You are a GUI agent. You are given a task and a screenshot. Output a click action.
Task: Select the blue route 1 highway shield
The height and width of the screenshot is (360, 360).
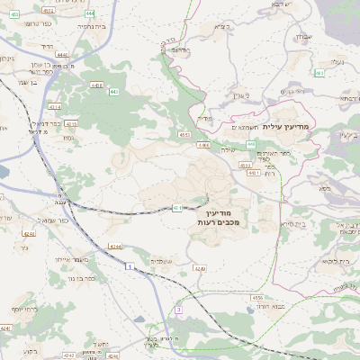tap(130, 267)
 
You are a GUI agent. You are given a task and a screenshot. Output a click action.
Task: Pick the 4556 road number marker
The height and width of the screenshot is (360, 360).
tap(258, 297)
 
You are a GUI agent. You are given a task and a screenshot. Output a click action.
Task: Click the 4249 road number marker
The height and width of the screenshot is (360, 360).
tap(200, 268)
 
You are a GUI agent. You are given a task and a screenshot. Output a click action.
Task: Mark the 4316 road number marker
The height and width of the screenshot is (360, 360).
tap(72, 123)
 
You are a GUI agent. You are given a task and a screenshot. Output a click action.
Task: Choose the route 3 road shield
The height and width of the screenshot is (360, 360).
tap(178, 310)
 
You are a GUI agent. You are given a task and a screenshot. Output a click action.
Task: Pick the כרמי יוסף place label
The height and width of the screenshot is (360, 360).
tap(19, 309)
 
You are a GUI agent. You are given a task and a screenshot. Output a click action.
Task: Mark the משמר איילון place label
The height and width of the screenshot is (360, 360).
tap(69, 259)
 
